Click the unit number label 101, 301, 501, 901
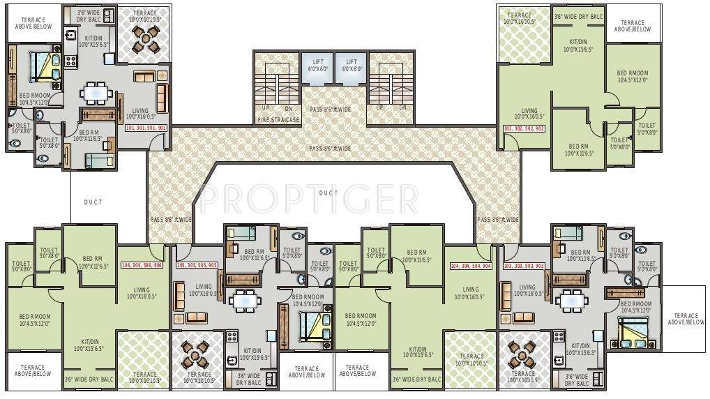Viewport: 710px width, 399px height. [x=145, y=128]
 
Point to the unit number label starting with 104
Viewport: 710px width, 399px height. [x=471, y=266]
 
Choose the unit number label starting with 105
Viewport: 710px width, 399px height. [x=197, y=266]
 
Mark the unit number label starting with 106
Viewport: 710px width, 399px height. [x=142, y=266]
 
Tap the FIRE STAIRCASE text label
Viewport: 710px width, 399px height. [x=278, y=120]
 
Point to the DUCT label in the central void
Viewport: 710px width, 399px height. [x=328, y=193]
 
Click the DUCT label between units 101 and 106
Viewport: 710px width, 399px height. [x=93, y=202]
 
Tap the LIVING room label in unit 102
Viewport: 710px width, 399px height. [x=529, y=114]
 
